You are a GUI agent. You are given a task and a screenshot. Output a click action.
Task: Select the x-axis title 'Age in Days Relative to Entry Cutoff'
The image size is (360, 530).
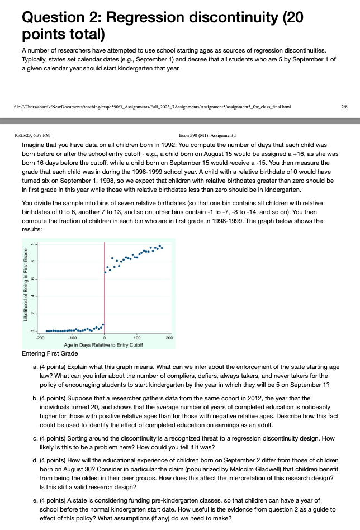105,344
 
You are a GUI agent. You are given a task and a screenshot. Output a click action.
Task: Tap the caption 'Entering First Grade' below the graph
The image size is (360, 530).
50,353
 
